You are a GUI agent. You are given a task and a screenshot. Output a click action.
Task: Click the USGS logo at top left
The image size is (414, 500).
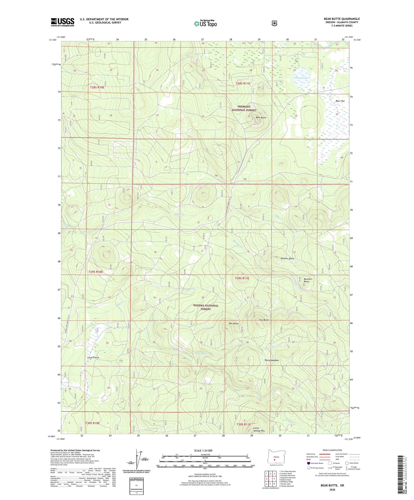[x=62, y=22]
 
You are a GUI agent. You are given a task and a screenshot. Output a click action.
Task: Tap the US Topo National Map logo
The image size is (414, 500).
[x=205, y=23]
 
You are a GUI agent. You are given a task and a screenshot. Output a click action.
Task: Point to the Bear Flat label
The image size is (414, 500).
[x=340, y=101]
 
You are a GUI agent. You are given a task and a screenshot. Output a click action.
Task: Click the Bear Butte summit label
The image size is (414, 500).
[x=261, y=117]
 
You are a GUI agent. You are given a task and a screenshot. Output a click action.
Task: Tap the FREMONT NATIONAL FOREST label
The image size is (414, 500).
[x=244, y=108]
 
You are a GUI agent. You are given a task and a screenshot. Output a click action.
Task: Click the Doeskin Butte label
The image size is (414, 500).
[x=287, y=258]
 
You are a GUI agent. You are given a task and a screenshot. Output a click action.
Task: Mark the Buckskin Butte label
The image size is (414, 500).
[x=308, y=280]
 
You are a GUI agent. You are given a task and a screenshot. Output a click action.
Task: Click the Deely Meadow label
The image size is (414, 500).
[x=272, y=360]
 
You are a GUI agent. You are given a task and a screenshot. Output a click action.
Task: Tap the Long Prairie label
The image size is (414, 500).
[x=93, y=357]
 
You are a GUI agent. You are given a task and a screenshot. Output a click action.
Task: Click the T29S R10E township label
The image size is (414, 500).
[x=95, y=272]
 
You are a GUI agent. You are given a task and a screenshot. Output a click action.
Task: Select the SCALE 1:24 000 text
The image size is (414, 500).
[x=203, y=450]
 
